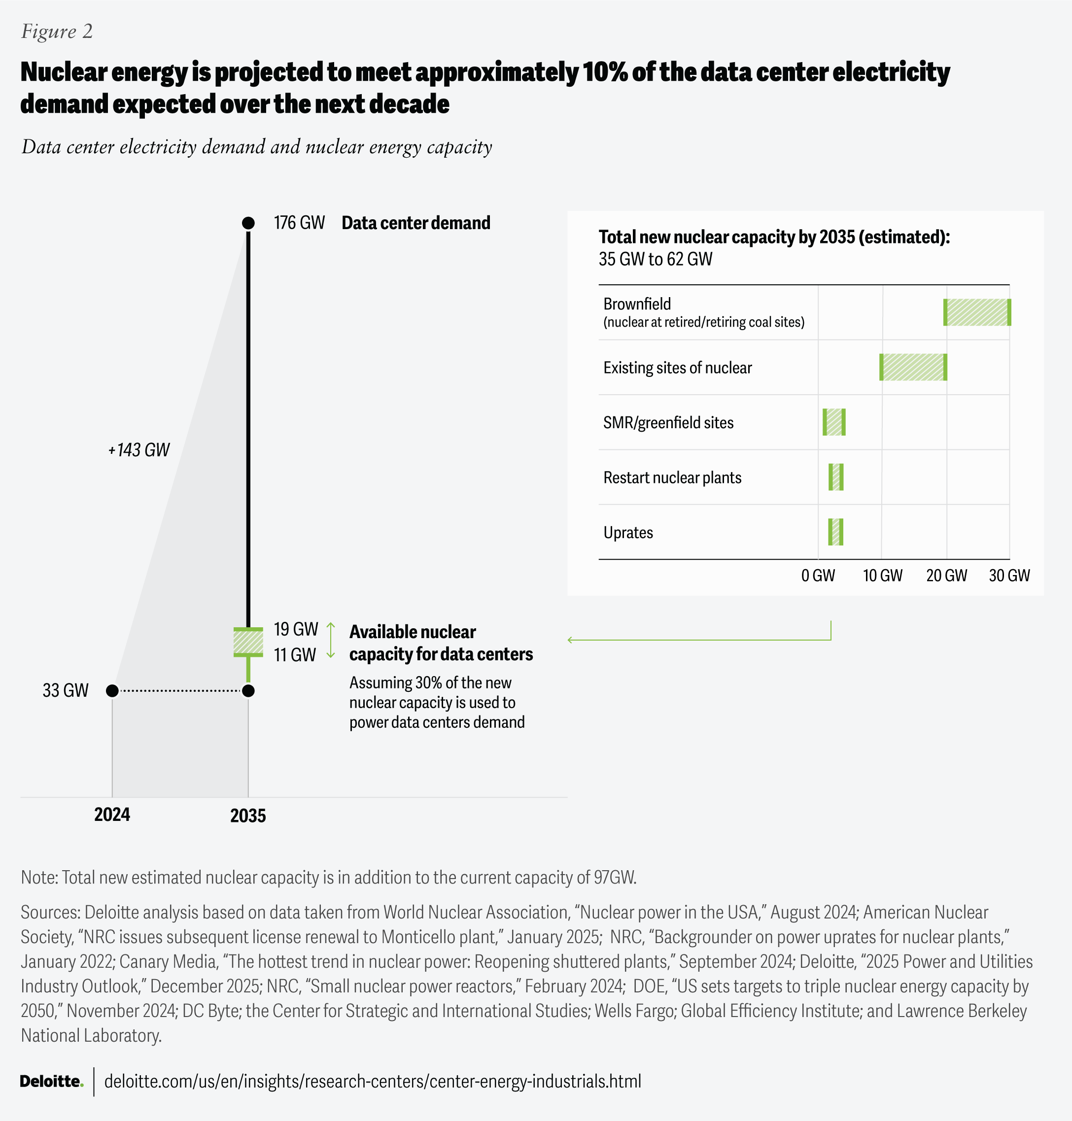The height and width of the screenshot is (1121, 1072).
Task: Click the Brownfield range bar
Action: coord(976,312)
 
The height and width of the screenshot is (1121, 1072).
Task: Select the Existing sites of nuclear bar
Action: coord(913,368)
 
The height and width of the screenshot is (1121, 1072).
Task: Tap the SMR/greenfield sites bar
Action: coord(834,422)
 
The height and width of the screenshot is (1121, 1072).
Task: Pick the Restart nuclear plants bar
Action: coord(835,477)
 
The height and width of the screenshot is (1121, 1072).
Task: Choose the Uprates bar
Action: coord(835,532)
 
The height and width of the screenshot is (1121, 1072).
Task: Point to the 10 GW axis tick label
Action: coord(882,576)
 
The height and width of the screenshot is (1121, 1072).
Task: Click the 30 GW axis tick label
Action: coord(1008,576)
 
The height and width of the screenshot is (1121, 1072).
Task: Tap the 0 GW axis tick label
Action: coord(818,576)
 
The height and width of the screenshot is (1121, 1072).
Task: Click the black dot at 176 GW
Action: coord(248,223)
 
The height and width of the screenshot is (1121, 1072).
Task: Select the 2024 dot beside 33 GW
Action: coord(112,691)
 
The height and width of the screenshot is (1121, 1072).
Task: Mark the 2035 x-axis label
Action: coord(248,815)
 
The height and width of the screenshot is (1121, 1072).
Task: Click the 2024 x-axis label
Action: coord(112,814)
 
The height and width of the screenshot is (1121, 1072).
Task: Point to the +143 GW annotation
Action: coord(139,450)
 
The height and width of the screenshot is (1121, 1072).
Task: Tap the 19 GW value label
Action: coord(295,629)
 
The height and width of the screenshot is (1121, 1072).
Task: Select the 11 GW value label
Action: coord(294,655)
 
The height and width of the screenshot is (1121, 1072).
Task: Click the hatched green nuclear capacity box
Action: coord(248,642)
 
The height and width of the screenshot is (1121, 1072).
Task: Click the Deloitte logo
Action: coord(51,1081)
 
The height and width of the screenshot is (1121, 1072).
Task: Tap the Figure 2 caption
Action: coord(57,32)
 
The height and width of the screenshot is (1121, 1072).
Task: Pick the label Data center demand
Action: coord(415,223)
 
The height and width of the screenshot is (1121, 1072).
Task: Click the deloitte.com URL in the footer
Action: coord(373,1081)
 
